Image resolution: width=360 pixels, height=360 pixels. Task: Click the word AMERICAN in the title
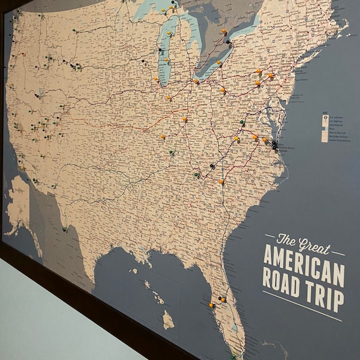tap(304, 262)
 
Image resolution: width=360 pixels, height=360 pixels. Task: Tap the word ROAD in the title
tap(283, 280)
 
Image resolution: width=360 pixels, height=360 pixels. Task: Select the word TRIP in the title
tap(326, 295)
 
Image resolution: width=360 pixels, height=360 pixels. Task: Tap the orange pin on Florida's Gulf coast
tap(211, 305)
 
